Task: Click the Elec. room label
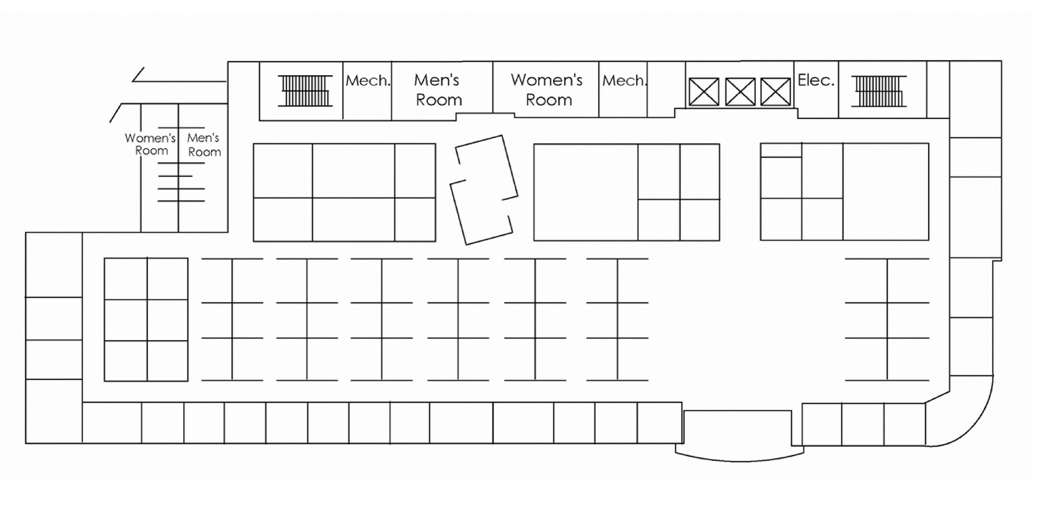pos(816,80)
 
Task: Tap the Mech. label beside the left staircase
pos(368,81)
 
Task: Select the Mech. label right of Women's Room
pos(624,81)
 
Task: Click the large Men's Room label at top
pos(438,90)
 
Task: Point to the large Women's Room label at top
pos(547,90)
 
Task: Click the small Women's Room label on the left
pos(150,144)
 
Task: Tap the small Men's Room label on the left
pos(204,145)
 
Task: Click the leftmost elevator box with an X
pos(703,92)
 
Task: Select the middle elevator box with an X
pos(740,92)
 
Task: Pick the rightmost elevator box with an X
pos(776,92)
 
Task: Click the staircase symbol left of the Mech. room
pos(305,90)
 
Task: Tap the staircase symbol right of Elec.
pos(878,91)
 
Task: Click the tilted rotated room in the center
pos(484,190)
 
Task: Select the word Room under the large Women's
pos(549,100)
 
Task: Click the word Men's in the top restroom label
pos(437,80)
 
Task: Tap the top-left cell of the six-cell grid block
pos(126,279)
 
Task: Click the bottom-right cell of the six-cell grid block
pos(168,361)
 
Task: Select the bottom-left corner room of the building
pos(54,411)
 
